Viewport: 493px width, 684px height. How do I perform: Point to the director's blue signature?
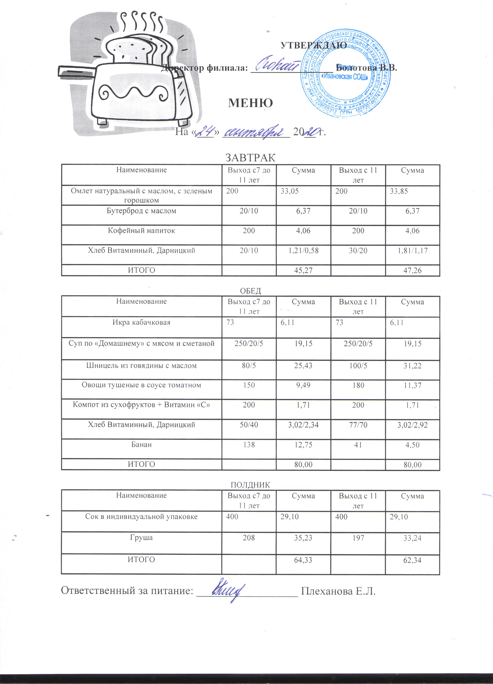click(276, 64)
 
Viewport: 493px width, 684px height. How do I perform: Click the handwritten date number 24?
click(205, 132)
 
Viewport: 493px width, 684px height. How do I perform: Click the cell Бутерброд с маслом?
click(141, 211)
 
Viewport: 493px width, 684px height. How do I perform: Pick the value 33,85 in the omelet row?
click(399, 191)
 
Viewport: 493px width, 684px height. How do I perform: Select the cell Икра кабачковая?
click(141, 322)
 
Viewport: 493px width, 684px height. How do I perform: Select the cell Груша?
click(141, 538)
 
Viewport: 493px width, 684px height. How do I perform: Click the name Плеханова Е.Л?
click(339, 591)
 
